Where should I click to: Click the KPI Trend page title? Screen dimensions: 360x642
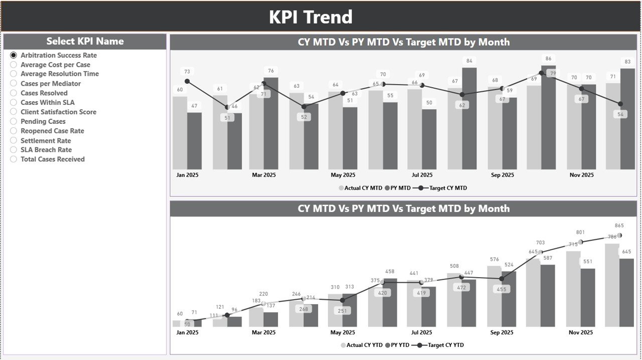pyautogui.click(x=310, y=17)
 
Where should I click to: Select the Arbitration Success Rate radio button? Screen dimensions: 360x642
pyautogui.click(x=14, y=55)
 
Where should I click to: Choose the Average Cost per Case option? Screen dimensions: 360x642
pyautogui.click(x=14, y=65)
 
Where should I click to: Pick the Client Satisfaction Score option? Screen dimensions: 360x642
pyautogui.click(x=14, y=112)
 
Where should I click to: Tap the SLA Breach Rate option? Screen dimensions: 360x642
pyautogui.click(x=14, y=149)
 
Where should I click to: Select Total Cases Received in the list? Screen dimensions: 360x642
pyautogui.click(x=14, y=159)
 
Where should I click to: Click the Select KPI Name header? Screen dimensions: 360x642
pyautogui.click(x=85, y=41)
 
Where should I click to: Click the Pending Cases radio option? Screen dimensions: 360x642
pyautogui.click(x=14, y=121)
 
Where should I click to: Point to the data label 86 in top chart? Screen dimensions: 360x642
pyautogui.click(x=549, y=59)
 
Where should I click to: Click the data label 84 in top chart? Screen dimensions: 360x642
pyautogui.click(x=469, y=61)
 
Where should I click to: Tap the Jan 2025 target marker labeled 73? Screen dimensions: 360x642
pyautogui.click(x=187, y=81)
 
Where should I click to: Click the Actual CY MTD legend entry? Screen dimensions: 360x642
pyautogui.click(x=360, y=188)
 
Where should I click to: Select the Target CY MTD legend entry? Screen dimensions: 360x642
pyautogui.click(x=442, y=188)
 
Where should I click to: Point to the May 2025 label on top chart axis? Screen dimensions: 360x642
pyautogui.click(x=343, y=175)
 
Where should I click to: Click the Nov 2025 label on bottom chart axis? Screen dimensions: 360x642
pyautogui.click(x=581, y=332)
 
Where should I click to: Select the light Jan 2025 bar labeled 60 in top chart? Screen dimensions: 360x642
pyautogui.click(x=180, y=133)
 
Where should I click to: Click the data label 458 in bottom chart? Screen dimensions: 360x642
pyautogui.click(x=390, y=272)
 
